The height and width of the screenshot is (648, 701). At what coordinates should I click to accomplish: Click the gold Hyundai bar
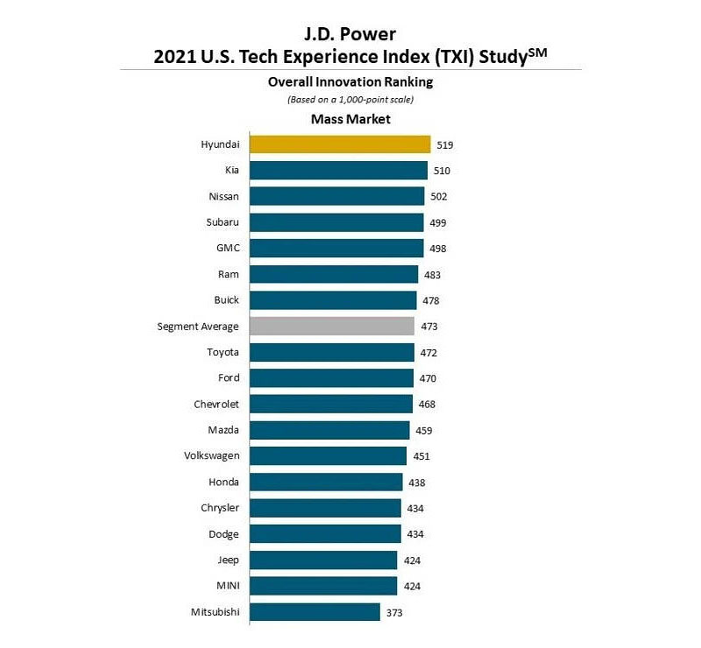coord(340,144)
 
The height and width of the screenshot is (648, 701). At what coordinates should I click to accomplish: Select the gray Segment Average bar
coord(332,327)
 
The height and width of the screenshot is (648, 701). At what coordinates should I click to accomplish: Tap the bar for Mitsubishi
coord(315,612)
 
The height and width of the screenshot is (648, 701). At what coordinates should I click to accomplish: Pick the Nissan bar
coord(336,196)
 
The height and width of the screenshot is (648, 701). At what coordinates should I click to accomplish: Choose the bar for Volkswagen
coord(328,456)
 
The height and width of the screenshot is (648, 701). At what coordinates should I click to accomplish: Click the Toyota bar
coord(331,352)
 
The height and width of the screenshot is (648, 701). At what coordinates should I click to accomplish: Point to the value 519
coord(444,144)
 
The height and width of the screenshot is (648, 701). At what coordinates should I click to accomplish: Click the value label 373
coord(394,613)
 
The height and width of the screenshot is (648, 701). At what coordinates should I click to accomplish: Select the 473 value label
coord(428,327)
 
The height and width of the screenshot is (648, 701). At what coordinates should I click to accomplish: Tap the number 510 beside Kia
coord(441,171)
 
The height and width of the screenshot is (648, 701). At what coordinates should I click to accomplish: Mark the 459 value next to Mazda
coord(423,431)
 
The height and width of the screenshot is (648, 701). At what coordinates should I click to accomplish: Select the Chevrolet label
coord(216,405)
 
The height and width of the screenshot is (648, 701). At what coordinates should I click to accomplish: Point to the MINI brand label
coord(225,586)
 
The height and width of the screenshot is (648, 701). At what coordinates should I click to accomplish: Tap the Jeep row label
coord(227,560)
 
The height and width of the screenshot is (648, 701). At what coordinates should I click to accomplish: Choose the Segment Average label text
coord(198,327)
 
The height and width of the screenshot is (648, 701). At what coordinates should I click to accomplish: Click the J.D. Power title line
coord(350,35)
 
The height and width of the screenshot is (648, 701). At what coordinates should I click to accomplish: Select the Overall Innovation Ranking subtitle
coord(350,82)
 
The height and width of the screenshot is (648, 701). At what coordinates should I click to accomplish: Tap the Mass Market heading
coord(350,119)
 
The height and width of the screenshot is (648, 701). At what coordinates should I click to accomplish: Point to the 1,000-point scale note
coord(350,100)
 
